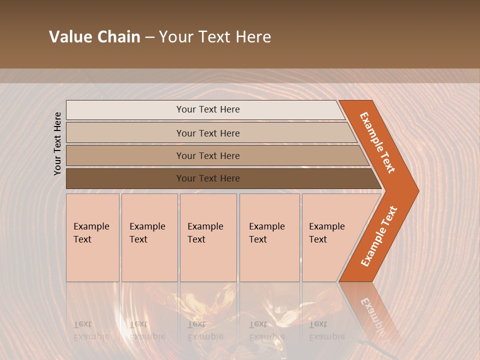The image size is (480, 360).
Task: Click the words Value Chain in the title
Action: click(x=94, y=37)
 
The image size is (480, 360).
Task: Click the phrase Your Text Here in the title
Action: click(x=215, y=37)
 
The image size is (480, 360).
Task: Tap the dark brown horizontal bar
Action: click(x=125, y=178)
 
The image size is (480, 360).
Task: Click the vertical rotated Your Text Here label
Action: click(x=57, y=143)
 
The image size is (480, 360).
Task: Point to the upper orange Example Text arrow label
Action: click(x=378, y=142)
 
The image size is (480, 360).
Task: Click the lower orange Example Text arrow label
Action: click(x=379, y=236)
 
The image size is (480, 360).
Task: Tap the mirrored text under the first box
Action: click(x=91, y=330)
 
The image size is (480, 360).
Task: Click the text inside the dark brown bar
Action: click(x=208, y=178)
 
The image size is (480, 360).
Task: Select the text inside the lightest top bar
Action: click(x=208, y=109)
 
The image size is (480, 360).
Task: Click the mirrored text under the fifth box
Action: click(x=326, y=330)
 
